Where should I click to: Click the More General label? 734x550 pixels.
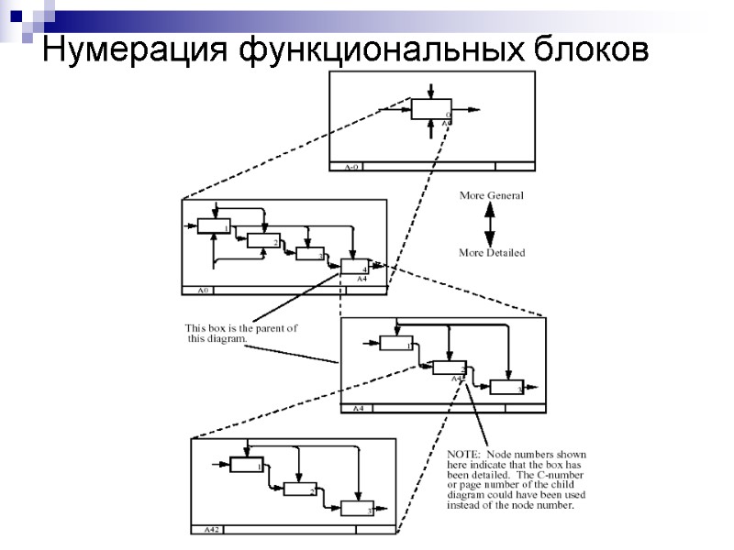491,196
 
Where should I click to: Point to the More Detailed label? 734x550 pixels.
492,253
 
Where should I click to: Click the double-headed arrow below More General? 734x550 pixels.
490,224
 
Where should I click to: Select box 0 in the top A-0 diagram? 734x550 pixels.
430,109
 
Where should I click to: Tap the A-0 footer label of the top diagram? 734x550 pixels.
351,168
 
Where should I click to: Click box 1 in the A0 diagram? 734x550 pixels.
214,225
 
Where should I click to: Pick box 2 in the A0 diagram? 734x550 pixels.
263,240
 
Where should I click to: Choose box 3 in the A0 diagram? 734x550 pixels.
310,254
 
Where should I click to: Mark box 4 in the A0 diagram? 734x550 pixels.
355,266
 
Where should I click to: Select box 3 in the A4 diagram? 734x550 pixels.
506,386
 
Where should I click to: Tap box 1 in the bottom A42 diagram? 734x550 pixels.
246,464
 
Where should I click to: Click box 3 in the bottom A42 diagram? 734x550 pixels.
357,508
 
